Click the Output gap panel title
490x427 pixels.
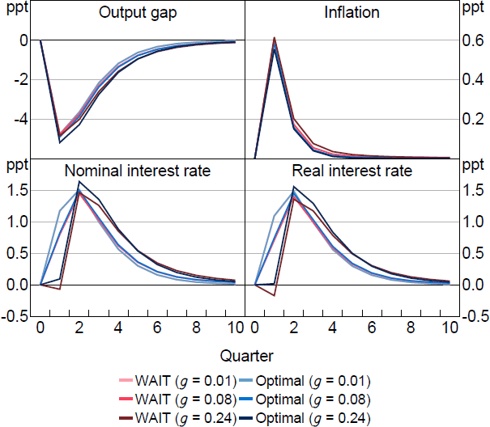pyautogui.click(x=141, y=14)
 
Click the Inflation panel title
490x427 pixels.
pyautogui.click(x=351, y=14)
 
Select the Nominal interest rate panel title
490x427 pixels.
pyautogui.click(x=141, y=171)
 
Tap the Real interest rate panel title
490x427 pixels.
pyautogui.click(x=351, y=171)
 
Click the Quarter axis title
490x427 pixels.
pyautogui.click(x=245, y=354)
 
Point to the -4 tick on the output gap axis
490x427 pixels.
pyautogui.click(x=22, y=119)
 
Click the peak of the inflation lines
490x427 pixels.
pyautogui.click(x=275, y=39)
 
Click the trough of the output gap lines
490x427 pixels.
pyautogui.click(x=60, y=141)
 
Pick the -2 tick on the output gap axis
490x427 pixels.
pyautogui.click(x=22, y=79)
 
